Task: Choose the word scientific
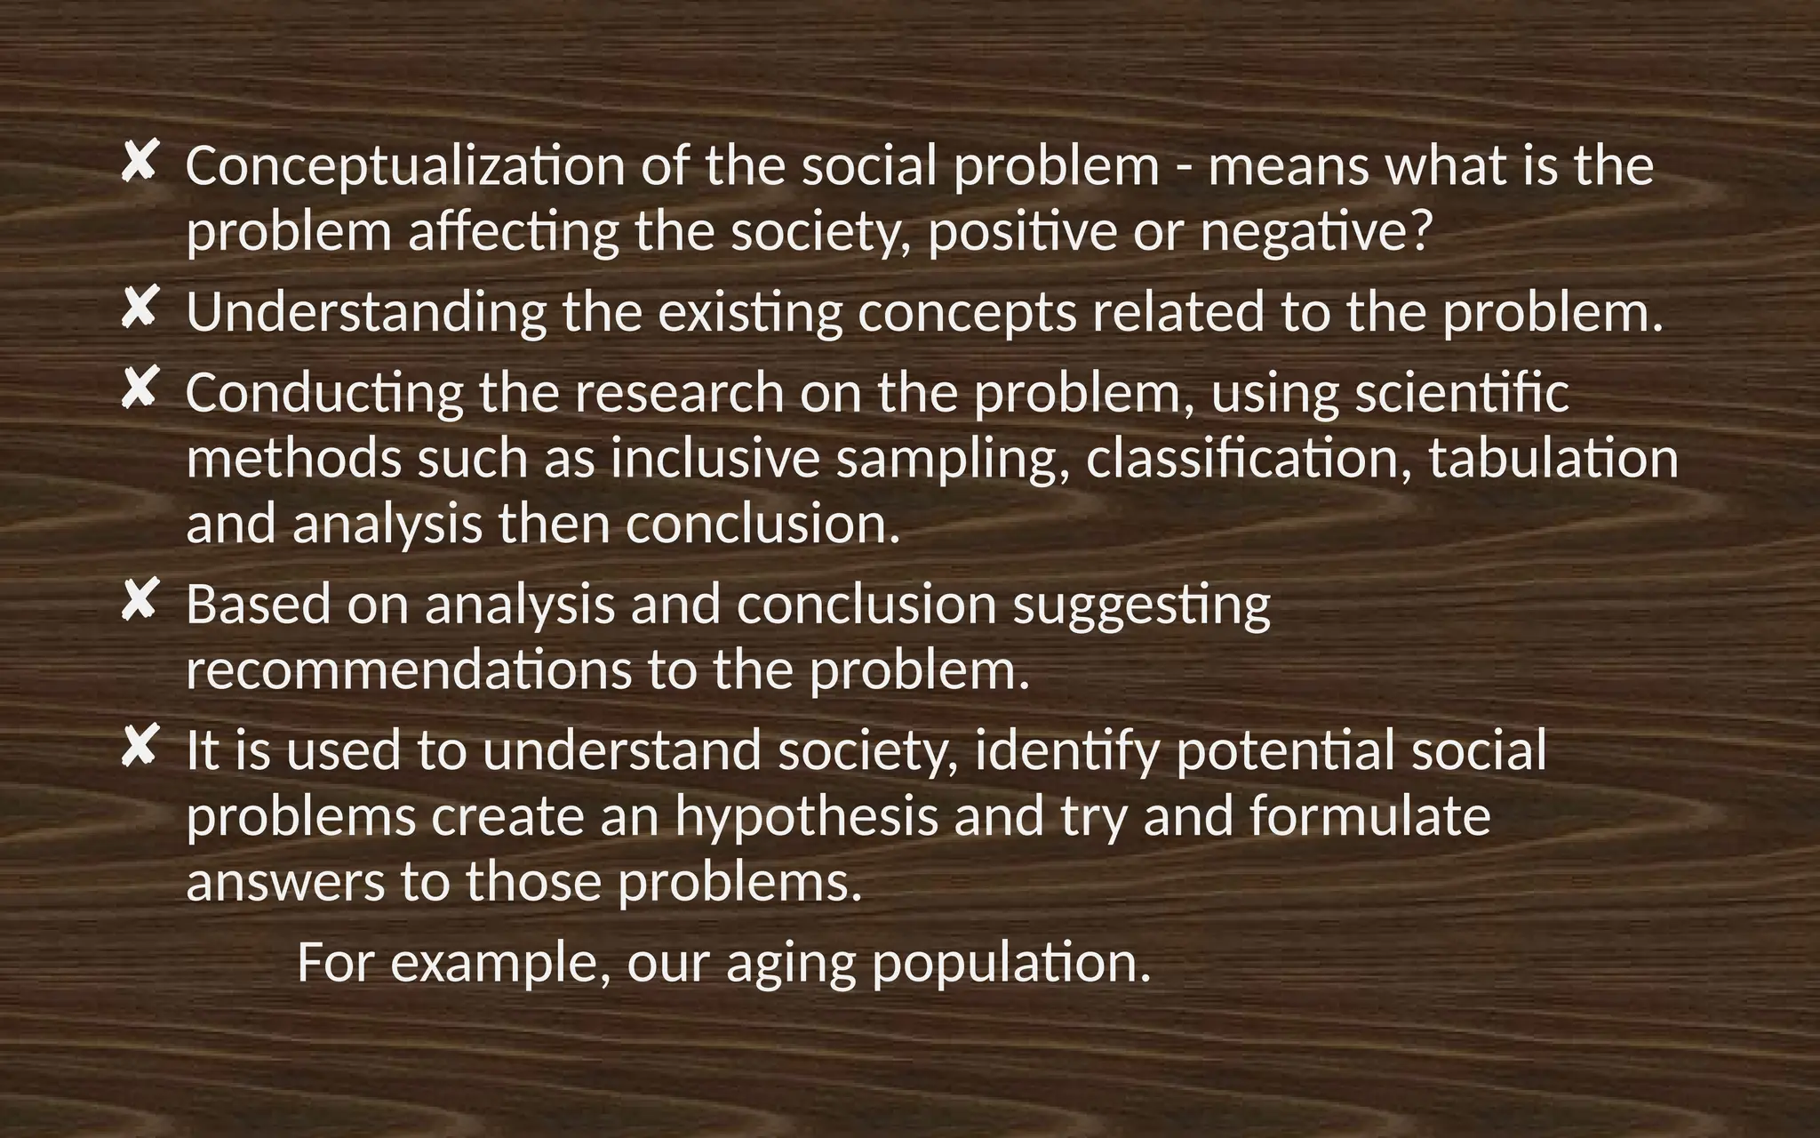click(x=1462, y=393)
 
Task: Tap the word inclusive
click(x=714, y=459)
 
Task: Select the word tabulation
click(x=1553, y=459)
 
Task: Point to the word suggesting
click(x=1142, y=606)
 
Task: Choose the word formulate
click(x=1369, y=816)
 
